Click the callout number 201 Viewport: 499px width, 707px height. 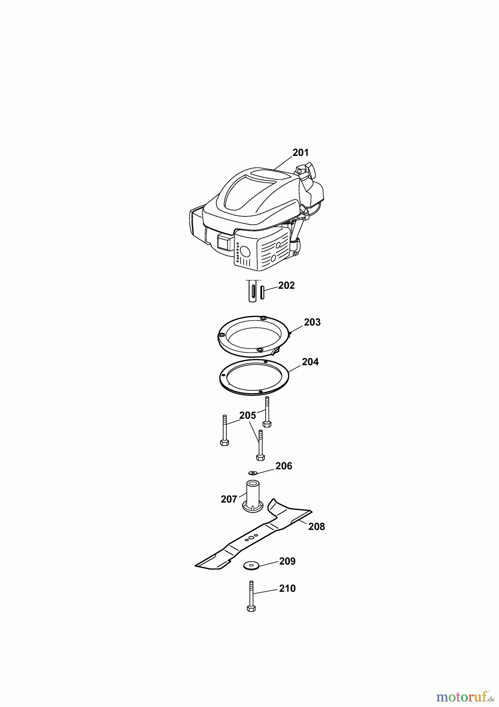point(301,152)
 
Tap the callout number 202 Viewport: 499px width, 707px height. point(286,286)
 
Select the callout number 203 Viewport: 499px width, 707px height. point(312,322)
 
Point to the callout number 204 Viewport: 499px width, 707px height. point(310,362)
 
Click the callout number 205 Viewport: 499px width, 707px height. point(248,415)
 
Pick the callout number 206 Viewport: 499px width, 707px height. point(284,466)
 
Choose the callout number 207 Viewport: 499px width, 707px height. point(229,499)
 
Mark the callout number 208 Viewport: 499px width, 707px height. point(317,526)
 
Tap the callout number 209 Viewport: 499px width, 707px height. point(287,561)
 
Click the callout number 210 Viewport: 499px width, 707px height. point(287,588)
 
